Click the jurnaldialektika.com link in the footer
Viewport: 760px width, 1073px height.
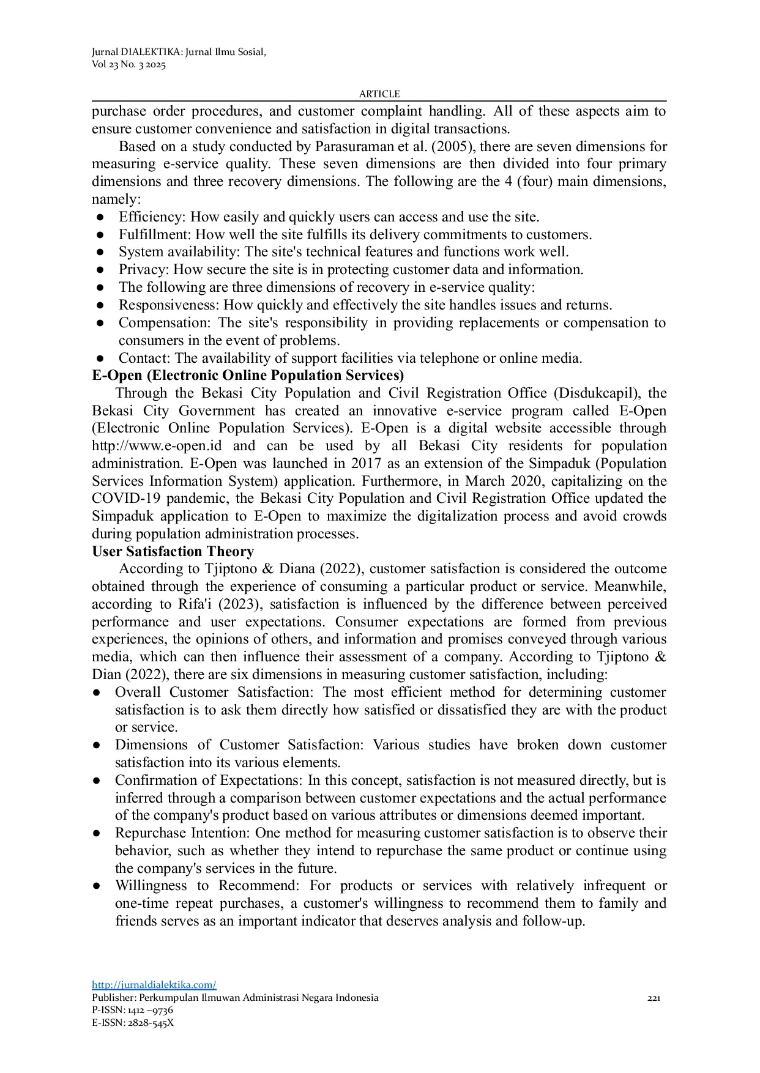[154, 985]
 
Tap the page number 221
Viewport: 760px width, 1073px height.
[654, 998]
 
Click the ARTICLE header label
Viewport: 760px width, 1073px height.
[379, 94]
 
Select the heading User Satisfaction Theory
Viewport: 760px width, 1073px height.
[173, 551]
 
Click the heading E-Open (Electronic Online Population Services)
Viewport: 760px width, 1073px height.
[248, 375]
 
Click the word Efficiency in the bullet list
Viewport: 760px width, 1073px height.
[151, 217]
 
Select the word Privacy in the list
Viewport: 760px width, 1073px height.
[143, 270]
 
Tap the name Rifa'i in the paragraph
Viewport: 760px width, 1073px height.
[195, 604]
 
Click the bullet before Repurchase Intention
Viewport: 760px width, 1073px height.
[97, 833]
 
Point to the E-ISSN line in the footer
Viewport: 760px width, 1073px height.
[133, 1023]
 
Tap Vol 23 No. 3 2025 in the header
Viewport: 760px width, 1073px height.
[129, 65]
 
